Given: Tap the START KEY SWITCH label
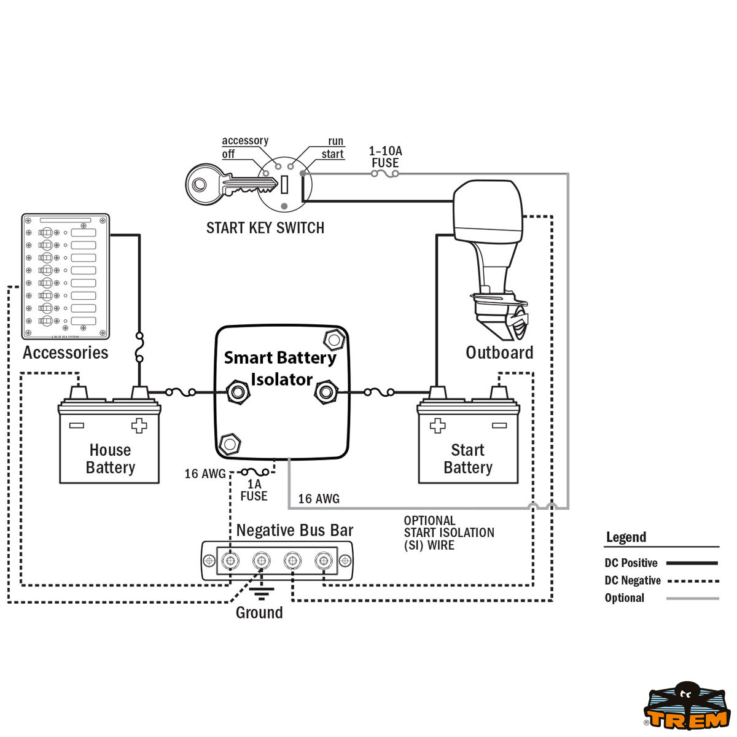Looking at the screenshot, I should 265,228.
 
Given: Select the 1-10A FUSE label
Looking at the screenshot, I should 385,157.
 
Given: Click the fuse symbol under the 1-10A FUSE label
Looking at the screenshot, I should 385,174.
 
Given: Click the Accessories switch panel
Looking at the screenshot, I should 65,276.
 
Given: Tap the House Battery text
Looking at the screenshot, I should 110,459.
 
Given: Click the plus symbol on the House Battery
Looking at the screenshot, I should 139,426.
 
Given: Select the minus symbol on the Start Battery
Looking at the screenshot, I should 499,426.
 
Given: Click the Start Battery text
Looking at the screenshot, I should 468,459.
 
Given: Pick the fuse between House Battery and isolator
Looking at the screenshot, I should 181,391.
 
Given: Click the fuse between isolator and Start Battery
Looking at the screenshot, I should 380,391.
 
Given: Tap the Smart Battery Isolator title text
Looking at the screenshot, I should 281,368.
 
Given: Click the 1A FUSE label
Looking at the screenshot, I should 254,490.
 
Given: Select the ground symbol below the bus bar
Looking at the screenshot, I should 262,593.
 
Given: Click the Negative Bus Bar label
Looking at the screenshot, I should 295,530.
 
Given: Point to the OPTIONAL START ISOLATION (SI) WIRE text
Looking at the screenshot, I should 448,532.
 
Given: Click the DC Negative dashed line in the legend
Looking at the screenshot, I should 692,580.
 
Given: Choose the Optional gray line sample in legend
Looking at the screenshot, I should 692,598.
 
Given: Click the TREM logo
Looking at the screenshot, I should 686,709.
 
